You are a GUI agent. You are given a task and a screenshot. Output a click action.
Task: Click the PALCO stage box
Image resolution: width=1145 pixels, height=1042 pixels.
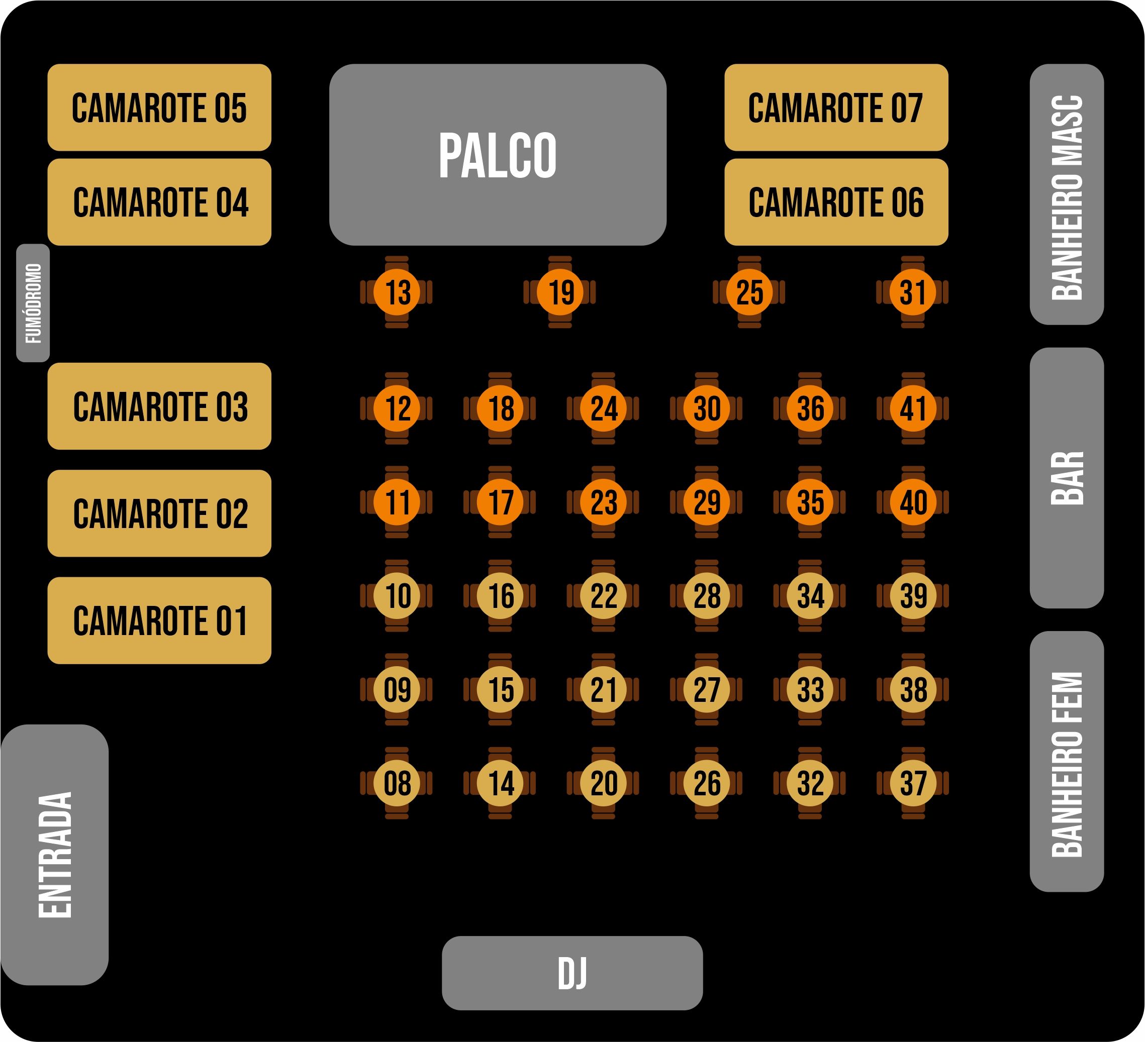click(498, 154)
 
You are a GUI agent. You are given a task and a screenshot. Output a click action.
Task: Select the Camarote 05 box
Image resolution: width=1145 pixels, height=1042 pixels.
click(159, 108)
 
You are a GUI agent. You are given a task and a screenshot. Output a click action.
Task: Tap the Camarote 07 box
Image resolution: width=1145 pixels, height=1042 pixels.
click(836, 108)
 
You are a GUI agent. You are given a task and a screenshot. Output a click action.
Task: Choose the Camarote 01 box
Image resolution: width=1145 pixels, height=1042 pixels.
click(159, 620)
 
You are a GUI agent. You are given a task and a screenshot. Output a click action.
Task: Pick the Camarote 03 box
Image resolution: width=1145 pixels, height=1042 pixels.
click(159, 406)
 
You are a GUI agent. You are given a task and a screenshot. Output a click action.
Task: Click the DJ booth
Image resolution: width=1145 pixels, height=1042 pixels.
click(572, 973)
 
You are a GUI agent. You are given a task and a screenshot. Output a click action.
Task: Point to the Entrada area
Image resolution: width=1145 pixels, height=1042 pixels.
click(54, 855)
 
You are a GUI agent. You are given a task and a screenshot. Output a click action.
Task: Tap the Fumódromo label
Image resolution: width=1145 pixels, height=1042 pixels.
click(33, 302)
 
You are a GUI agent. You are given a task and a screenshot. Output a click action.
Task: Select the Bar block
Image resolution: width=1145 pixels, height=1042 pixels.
click(1067, 478)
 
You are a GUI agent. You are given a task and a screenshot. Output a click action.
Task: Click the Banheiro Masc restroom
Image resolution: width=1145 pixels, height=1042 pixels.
click(1067, 194)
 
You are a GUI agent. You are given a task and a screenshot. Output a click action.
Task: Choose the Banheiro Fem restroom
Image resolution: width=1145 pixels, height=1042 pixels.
click(1067, 762)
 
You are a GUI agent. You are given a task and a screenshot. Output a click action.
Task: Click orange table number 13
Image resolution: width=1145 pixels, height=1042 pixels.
click(397, 292)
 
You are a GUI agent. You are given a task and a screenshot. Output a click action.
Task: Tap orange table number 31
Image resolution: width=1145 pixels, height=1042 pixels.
click(912, 292)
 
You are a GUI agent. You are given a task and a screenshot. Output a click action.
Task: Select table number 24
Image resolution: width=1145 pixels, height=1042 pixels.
click(603, 408)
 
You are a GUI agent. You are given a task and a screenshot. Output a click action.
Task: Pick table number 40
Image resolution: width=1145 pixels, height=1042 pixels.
click(913, 502)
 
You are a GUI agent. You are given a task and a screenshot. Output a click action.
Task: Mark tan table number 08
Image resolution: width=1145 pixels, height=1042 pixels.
click(397, 783)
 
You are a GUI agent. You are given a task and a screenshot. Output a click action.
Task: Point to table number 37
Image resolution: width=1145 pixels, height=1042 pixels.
click(913, 783)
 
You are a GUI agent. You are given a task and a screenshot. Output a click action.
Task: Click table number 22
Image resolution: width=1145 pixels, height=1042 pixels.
click(603, 596)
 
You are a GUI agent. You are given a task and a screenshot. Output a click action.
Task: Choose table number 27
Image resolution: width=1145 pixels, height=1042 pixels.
click(707, 689)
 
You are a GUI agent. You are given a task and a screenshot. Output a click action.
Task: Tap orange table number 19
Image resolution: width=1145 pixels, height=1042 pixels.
click(560, 292)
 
